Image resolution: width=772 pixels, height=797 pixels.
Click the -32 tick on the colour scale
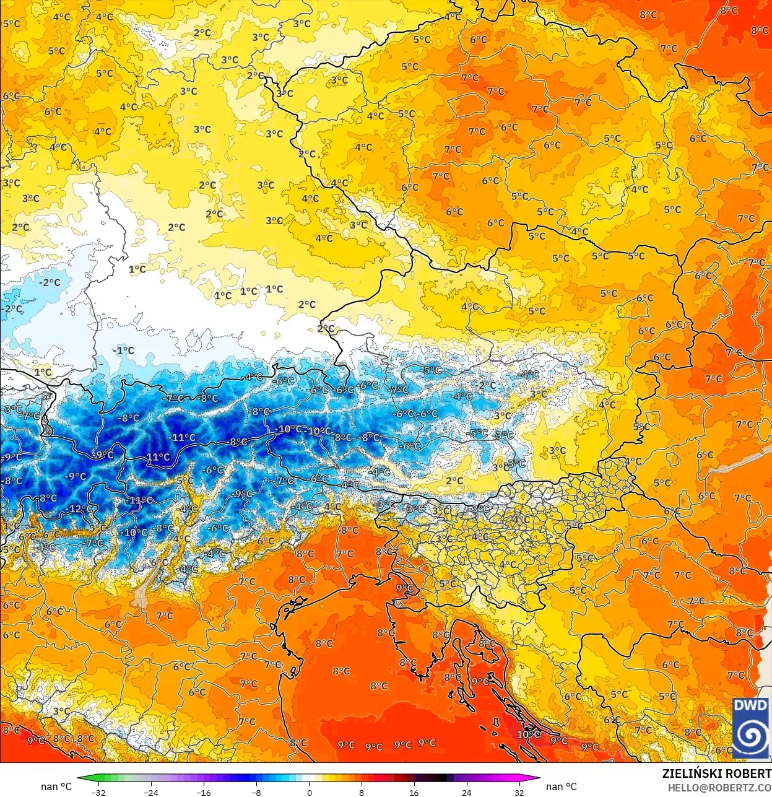point(98,792)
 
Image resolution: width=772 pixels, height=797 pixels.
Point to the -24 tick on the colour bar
point(150,792)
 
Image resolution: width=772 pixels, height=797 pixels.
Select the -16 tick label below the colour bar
point(203,792)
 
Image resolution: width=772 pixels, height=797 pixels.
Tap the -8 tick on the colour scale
point(256,792)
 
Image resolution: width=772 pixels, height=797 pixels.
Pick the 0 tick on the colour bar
point(309,792)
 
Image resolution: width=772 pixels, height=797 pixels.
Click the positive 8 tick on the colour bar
point(362,792)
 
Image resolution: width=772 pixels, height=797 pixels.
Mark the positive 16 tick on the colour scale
point(414,792)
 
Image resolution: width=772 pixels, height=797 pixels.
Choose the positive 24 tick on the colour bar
point(466,792)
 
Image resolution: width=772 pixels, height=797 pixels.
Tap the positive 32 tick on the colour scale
point(519,792)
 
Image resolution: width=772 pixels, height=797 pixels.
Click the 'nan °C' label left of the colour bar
point(56,786)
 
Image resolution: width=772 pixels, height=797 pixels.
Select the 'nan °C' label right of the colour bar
point(562,786)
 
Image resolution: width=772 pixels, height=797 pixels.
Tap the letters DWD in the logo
point(750,706)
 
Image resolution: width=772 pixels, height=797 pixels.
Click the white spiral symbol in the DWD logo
point(750,737)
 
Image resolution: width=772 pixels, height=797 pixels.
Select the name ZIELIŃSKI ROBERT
point(716,773)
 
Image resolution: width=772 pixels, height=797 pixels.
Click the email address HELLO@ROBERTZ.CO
point(719,787)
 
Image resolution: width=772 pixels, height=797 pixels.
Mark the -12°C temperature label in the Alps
point(79,509)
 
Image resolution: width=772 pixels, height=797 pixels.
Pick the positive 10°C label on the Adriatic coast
point(528,734)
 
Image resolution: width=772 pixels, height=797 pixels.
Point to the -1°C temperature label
point(123,351)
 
